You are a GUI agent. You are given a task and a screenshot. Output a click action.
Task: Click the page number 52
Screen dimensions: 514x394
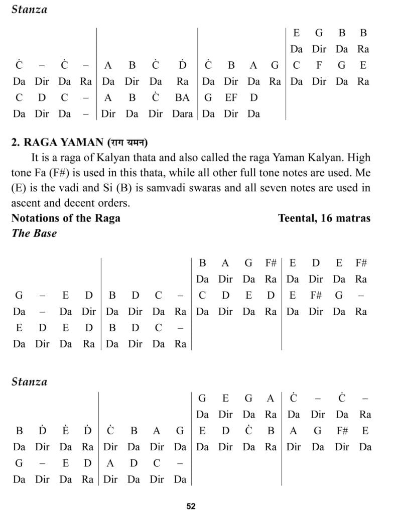coord(191,506)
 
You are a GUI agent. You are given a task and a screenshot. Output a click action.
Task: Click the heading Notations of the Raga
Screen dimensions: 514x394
coord(66,218)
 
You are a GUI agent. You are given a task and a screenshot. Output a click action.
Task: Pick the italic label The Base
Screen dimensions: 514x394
coord(34,233)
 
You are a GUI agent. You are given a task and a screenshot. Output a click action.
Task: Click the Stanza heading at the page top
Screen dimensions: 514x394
coord(29,10)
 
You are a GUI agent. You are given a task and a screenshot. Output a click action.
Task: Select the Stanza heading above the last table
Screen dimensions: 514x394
coord(29,381)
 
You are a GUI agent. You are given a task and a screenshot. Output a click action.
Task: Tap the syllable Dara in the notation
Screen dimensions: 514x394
coord(182,113)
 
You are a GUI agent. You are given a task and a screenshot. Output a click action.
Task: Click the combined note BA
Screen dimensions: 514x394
coord(182,97)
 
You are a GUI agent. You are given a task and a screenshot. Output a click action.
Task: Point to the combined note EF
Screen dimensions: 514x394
coord(231,97)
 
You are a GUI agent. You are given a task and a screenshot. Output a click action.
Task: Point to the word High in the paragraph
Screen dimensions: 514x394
coord(357,158)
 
